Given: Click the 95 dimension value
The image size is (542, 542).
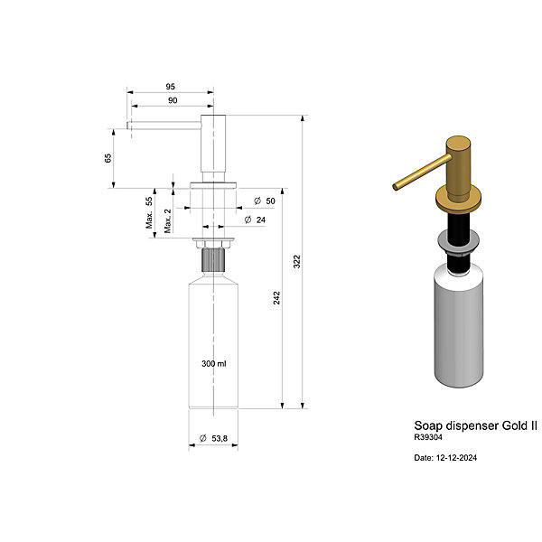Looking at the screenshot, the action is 171,87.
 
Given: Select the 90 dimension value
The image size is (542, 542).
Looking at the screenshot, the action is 173,100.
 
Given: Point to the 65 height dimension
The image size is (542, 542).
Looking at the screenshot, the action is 108,158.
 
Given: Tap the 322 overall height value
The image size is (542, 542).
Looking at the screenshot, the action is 297,262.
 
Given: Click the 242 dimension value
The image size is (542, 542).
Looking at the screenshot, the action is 277,298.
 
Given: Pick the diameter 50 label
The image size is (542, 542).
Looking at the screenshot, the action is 265,201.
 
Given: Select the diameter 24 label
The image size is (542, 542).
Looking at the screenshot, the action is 255,220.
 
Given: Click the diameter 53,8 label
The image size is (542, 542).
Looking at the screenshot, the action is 213,438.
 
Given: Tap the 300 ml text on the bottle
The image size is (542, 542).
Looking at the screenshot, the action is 214,364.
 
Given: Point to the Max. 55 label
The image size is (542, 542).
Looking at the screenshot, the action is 149,212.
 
